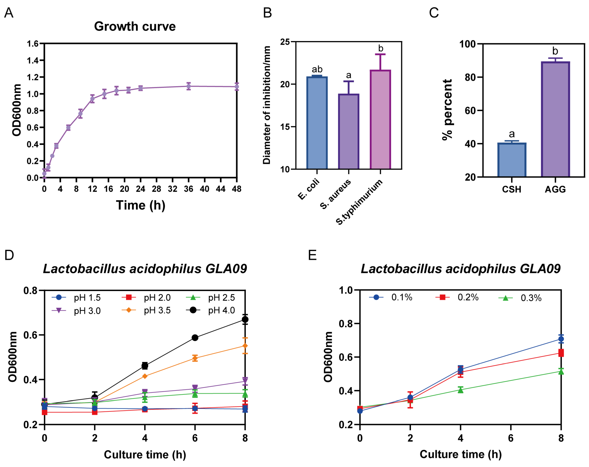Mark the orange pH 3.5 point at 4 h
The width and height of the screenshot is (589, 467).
[x=145, y=376]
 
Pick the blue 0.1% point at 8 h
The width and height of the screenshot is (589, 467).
[x=561, y=339]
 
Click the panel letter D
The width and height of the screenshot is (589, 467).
[x=9, y=255]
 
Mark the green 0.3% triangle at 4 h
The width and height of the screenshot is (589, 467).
[x=460, y=390]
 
